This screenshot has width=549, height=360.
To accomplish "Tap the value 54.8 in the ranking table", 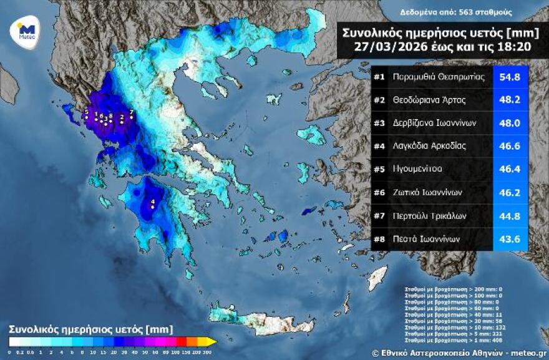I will [x=510, y=77].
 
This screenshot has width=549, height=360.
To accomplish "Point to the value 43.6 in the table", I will [x=510, y=238].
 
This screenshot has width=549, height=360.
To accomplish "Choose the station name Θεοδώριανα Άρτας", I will [x=429, y=100].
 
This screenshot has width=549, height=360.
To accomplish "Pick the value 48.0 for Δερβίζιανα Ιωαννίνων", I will [x=510, y=123].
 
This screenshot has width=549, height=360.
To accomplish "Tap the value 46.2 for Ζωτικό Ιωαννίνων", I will [x=510, y=192].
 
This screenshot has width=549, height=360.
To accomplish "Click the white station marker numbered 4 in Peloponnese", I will [x=153, y=207].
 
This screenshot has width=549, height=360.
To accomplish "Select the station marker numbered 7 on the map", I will [x=132, y=117].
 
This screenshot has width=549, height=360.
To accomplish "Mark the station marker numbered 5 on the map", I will [x=86, y=117].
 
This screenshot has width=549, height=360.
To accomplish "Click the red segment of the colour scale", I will [x=182, y=341].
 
